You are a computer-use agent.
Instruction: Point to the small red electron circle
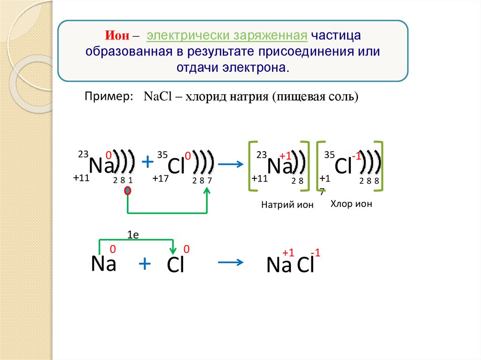coord(127,191)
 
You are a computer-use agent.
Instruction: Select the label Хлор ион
coord(351,204)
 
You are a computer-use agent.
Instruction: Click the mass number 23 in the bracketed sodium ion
coord(261,155)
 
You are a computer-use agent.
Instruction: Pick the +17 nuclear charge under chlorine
coord(161,178)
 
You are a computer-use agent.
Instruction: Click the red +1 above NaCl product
coord(288,253)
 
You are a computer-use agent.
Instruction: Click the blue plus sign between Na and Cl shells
coord(147,162)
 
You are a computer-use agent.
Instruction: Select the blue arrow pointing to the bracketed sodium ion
coord(231,164)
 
